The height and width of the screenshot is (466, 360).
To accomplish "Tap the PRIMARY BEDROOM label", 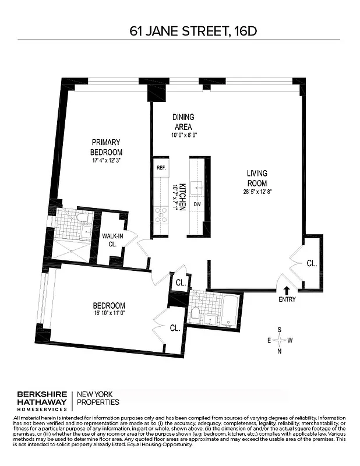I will tap(105, 147).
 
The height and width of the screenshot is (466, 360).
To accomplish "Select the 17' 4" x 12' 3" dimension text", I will tap(105, 160).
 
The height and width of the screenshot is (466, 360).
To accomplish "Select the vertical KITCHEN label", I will tap(182, 195).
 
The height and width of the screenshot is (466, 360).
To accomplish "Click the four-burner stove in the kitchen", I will tap(161, 216).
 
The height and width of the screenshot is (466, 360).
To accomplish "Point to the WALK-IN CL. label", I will tap(112, 240).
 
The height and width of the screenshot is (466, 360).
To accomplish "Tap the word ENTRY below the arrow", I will tap(287, 299).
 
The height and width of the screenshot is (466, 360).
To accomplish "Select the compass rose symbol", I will tap(280, 340).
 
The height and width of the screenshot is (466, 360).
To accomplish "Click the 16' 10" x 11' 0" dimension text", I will tap(110, 313).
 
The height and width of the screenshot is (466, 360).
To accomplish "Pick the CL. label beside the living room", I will tap(312, 263).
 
